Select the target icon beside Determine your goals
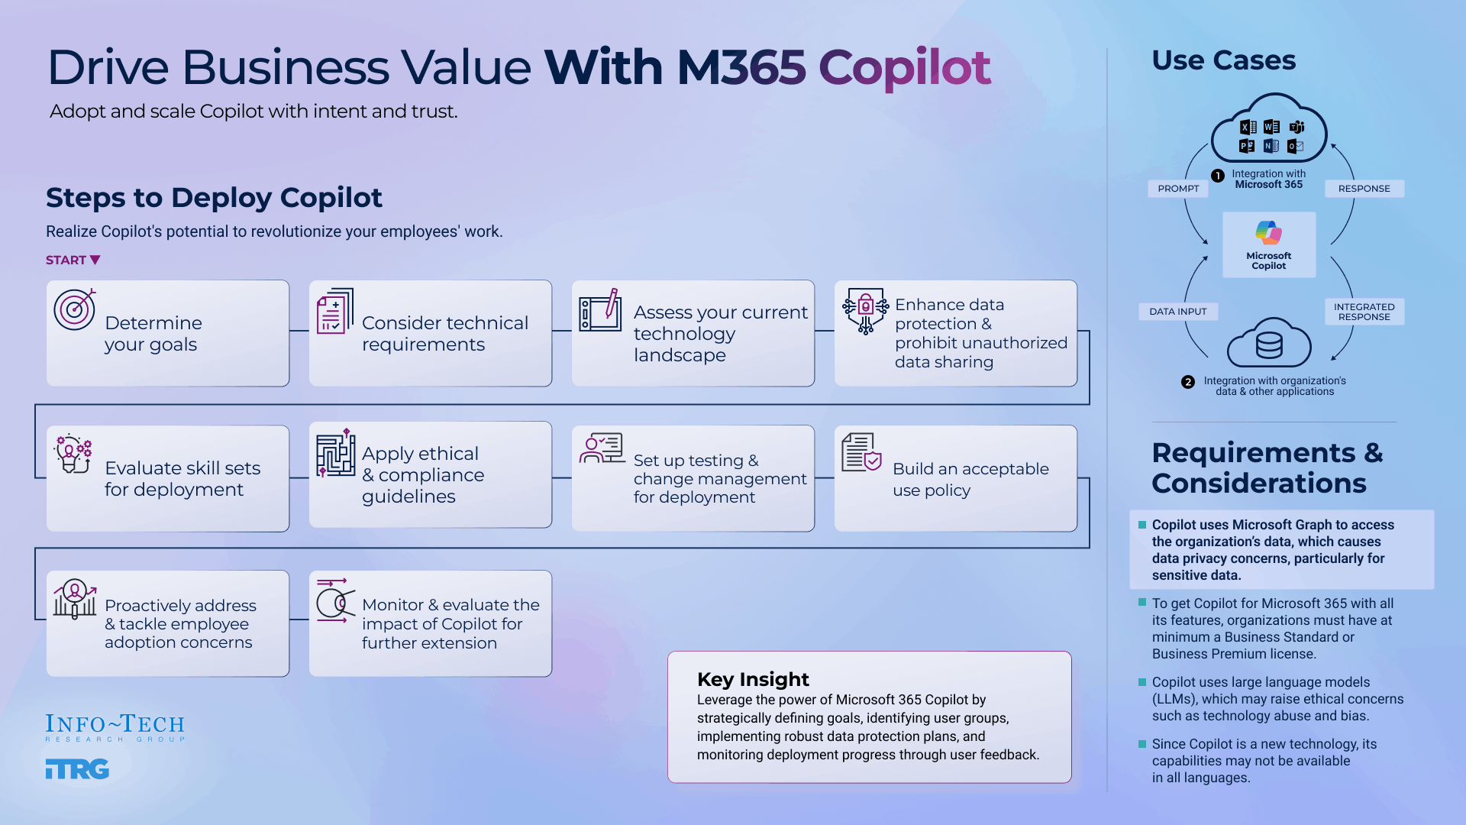click(75, 309)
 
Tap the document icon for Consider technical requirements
click(334, 311)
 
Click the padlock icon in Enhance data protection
click(865, 307)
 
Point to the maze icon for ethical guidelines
click(335, 453)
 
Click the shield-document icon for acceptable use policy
click(861, 452)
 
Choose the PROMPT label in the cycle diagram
click(1178, 189)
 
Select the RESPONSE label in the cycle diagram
click(1364, 189)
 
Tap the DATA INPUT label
click(1177, 312)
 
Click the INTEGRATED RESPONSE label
click(1364, 312)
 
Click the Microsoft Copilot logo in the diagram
click(1269, 233)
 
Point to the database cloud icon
click(1269, 344)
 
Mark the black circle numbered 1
click(1218, 176)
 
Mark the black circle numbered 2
click(1188, 382)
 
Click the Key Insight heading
click(753, 679)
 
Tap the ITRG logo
click(77, 769)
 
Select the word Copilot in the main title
click(904, 67)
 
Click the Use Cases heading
click(1223, 60)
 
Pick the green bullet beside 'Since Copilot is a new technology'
click(1142, 744)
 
